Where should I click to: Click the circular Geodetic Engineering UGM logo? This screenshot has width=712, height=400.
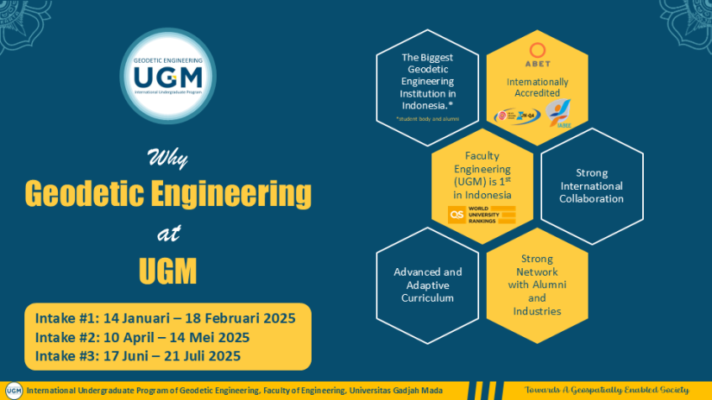pyautogui.click(x=168, y=78)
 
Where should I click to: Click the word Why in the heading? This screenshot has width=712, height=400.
pyautogui.click(x=167, y=159)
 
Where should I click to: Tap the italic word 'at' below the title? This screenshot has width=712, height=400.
pyautogui.click(x=167, y=234)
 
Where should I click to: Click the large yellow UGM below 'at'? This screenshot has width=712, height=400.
pyautogui.click(x=167, y=271)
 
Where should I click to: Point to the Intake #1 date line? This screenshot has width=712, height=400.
pyautogui.click(x=166, y=318)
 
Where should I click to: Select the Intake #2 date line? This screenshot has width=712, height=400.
pyautogui.click(x=142, y=337)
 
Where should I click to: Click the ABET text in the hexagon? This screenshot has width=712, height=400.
pyautogui.click(x=537, y=64)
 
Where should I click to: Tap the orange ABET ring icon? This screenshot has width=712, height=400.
pyautogui.click(x=537, y=48)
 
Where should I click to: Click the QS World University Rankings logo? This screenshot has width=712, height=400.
pyautogui.click(x=482, y=215)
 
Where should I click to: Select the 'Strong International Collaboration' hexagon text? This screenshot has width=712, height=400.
pyautogui.click(x=591, y=186)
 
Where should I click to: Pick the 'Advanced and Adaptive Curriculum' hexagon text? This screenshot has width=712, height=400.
pyautogui.click(x=428, y=284)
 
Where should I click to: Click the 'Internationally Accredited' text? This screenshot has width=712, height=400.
pyautogui.click(x=537, y=88)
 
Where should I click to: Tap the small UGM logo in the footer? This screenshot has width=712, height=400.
pyautogui.click(x=13, y=390)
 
